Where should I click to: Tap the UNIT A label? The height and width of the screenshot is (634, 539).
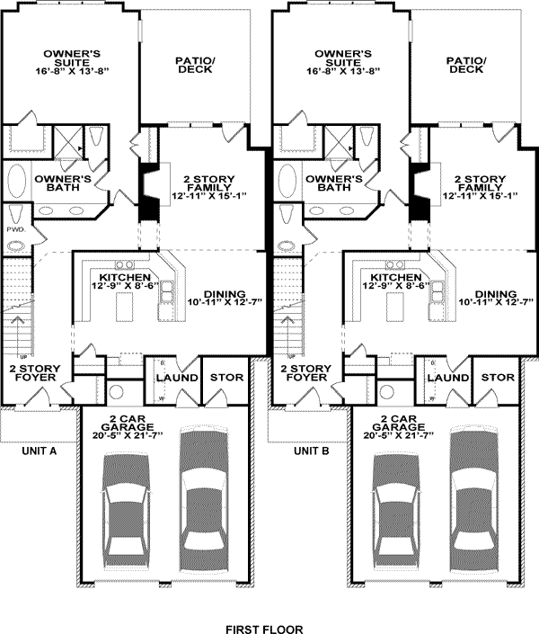(x=39, y=451)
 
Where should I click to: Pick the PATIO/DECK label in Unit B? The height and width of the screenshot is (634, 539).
(x=466, y=65)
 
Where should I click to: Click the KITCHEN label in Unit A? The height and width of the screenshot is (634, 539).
(x=123, y=277)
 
